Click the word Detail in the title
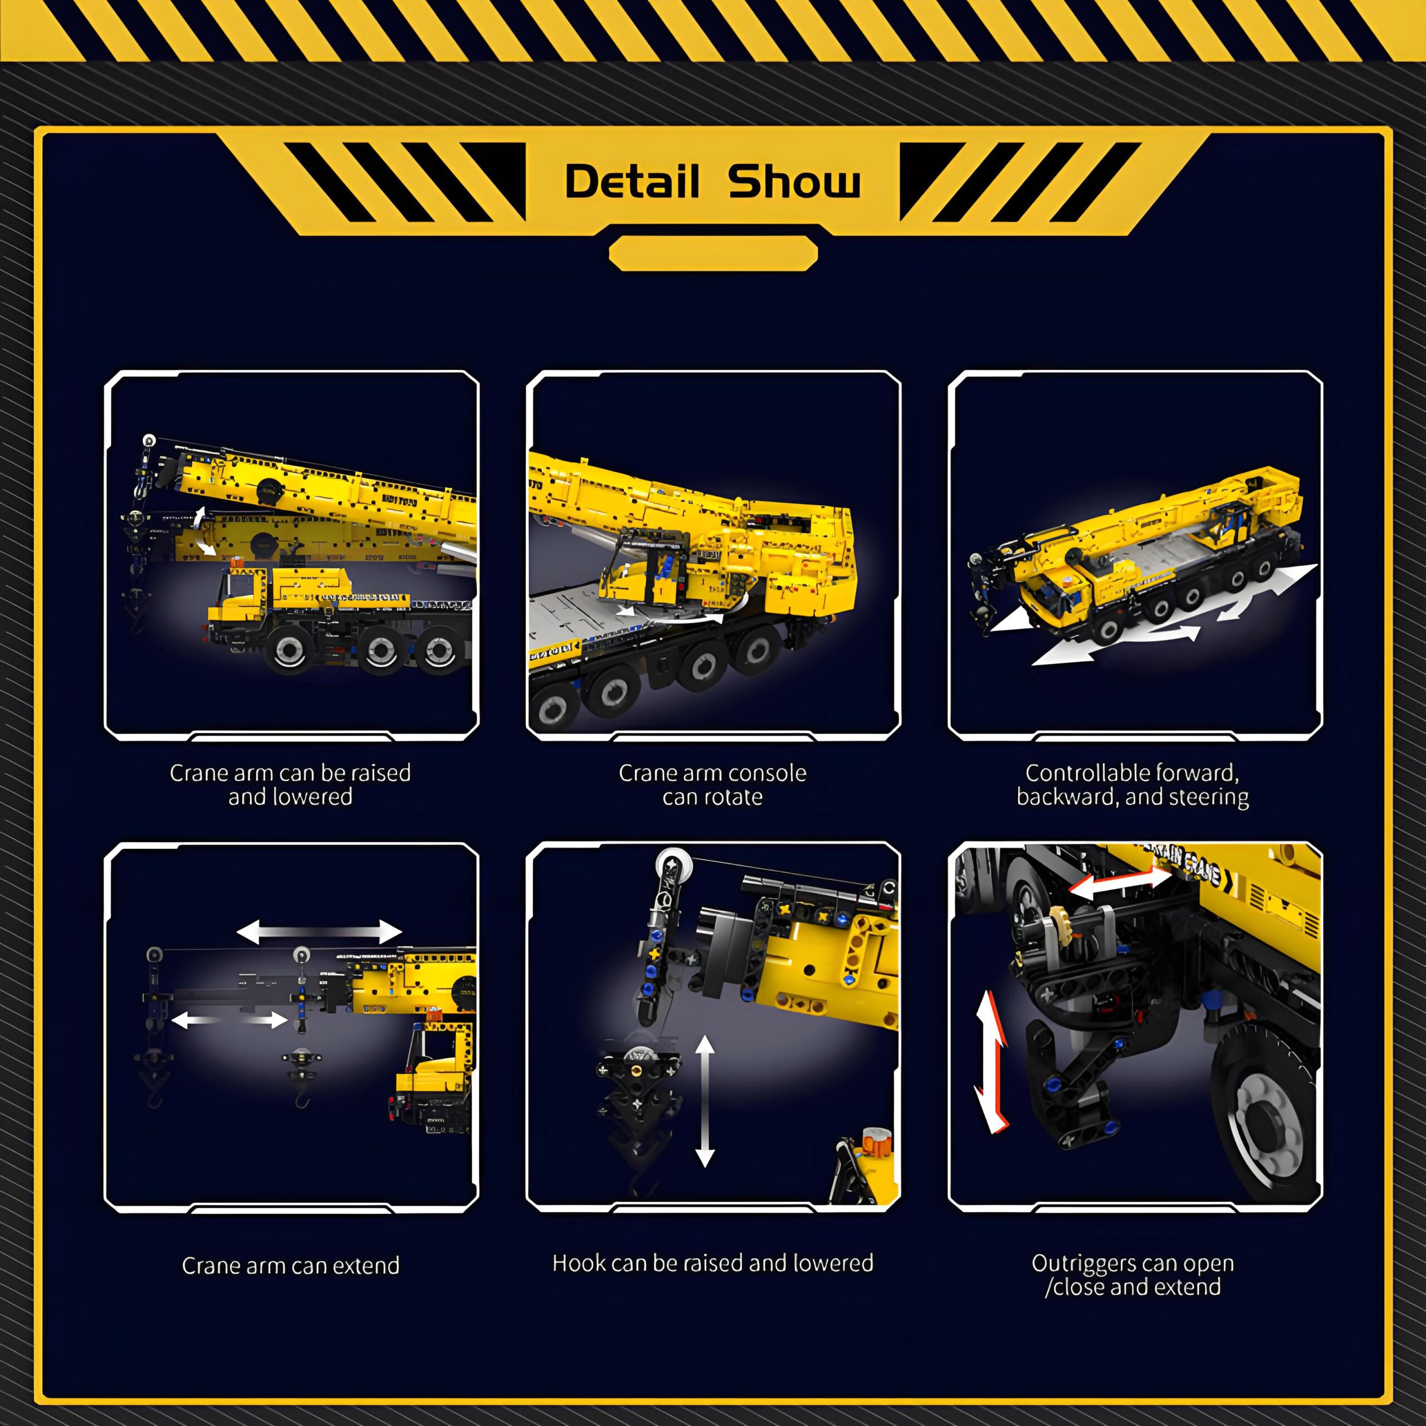[x=632, y=181]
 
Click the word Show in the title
[x=794, y=181]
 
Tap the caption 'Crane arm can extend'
[x=291, y=1265]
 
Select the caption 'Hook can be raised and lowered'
[x=713, y=1263]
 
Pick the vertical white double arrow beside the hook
[x=705, y=1101]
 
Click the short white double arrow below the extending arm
[x=229, y=1020]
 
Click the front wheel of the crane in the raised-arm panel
[x=288, y=650]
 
